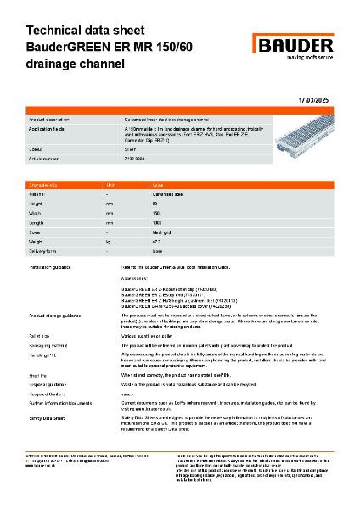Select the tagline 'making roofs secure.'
(x=301, y=58)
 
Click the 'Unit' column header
(x=110, y=183)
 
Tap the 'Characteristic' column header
(x=45, y=183)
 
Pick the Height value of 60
(x=154, y=204)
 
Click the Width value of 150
(x=155, y=213)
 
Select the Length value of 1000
(x=155, y=222)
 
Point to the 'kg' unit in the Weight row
(x=109, y=242)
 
